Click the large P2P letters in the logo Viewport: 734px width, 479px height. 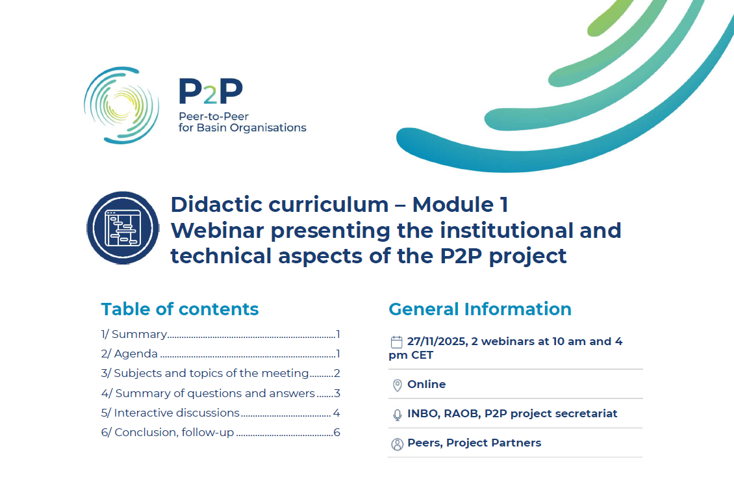[210, 92]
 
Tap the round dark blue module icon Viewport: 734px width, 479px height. [123, 227]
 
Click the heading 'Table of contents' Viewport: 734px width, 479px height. [180, 309]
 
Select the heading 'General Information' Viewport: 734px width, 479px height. [480, 309]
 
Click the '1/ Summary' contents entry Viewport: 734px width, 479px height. [134, 335]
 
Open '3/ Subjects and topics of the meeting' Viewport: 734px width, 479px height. [205, 374]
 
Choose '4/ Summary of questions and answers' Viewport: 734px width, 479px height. [209, 393]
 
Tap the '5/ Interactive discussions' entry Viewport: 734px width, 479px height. [171, 413]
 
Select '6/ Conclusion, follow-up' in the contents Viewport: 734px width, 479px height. [168, 433]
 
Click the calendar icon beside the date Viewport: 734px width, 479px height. [397, 342]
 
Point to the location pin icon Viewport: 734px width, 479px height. [398, 385]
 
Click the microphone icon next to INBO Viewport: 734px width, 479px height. [398, 415]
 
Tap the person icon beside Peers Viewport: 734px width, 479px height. [398, 445]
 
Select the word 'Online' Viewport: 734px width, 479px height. [427, 385]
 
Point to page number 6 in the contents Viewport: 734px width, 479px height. [336, 433]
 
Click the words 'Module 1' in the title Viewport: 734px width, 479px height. [460, 205]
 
